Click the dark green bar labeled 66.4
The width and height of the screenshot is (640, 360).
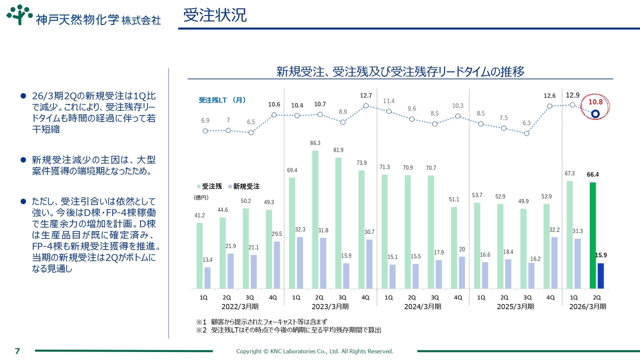pos(593,235)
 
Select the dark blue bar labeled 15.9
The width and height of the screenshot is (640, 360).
pos(600,275)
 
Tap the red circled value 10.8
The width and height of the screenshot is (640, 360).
pos(595,101)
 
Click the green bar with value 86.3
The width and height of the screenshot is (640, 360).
pos(315,219)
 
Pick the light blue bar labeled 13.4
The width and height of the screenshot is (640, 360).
pos(207,277)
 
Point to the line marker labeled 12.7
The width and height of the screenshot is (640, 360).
pos(366,105)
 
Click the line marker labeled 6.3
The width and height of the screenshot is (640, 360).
pos(526,133)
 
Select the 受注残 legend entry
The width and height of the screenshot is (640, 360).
pos(209,186)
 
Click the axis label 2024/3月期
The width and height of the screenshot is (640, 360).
pos(423,306)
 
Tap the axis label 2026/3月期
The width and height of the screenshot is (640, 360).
pos(588,306)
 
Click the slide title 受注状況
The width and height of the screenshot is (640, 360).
pos(214,15)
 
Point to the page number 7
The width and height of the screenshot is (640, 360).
pos(17,351)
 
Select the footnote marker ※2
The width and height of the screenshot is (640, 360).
pos(201,330)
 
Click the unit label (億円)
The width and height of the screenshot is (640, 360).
pos(201,197)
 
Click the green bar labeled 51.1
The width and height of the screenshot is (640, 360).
pos(454,247)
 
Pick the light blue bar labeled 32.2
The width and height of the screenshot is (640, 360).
pos(554,262)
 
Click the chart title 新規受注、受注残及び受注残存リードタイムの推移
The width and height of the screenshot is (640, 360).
pos(400,72)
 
